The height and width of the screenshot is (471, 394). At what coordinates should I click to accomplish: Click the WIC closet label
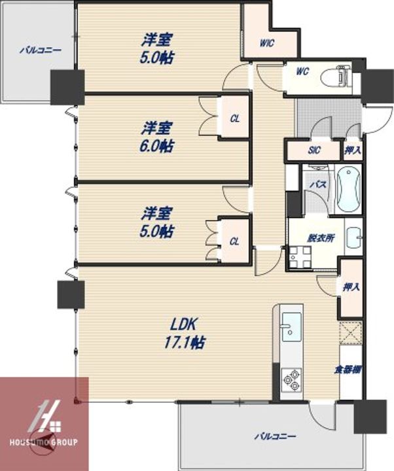coord(266,43)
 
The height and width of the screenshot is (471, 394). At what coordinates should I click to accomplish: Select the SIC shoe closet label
coord(315,150)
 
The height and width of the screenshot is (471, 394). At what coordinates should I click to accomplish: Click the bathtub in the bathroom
coord(348,189)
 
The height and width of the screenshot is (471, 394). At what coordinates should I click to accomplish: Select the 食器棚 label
coord(348,370)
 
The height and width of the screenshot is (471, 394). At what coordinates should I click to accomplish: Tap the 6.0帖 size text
coord(158,146)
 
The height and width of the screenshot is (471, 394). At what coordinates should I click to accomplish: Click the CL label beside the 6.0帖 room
coord(234,118)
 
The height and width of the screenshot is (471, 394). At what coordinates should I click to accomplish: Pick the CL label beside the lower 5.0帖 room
coord(234,241)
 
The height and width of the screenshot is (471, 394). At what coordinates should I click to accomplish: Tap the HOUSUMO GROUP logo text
coord(43,442)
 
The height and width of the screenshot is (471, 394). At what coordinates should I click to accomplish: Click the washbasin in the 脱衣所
coord(354,237)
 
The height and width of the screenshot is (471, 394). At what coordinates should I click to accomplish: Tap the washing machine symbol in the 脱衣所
coord(299,258)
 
